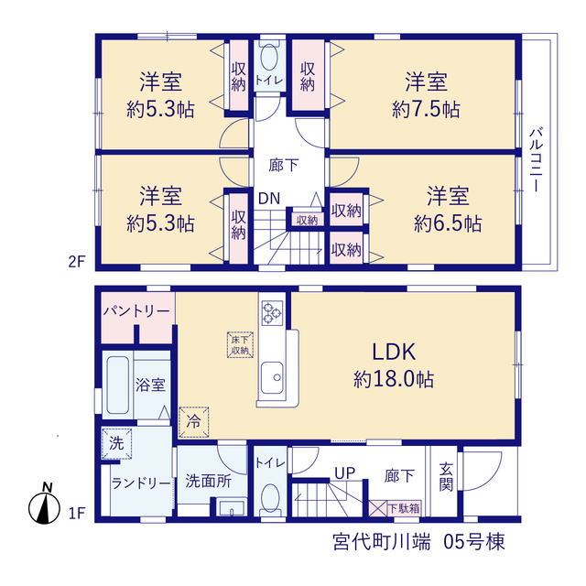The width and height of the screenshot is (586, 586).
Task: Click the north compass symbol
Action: (x=44, y=505)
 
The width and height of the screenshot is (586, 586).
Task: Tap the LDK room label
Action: (x=394, y=352)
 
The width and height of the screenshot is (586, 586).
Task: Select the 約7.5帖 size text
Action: (x=426, y=110)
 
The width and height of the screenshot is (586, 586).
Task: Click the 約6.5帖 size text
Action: (x=448, y=223)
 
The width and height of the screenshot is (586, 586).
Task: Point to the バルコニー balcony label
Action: (x=537, y=160)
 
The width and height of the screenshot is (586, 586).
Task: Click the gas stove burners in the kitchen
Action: (x=272, y=312)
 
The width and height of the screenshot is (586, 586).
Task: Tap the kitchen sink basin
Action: (x=272, y=377)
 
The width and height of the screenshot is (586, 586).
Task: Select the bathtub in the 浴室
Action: (x=118, y=385)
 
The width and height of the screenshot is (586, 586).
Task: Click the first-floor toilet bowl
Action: (x=270, y=498)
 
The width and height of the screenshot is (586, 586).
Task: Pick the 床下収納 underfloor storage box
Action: (x=240, y=345)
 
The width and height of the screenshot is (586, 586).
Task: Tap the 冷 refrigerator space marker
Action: (x=193, y=422)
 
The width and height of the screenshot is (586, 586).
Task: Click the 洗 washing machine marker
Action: (x=116, y=443)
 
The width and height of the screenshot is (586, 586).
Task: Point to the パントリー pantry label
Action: (x=136, y=311)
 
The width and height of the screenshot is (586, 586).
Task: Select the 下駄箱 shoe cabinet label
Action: (x=404, y=508)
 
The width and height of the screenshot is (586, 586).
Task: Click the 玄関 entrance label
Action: (x=446, y=477)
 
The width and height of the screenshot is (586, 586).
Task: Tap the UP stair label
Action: (x=344, y=473)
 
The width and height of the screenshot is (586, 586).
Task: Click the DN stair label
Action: (x=269, y=199)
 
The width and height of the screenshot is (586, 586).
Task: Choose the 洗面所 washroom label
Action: (x=208, y=481)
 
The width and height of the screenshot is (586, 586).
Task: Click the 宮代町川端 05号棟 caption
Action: (x=418, y=542)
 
